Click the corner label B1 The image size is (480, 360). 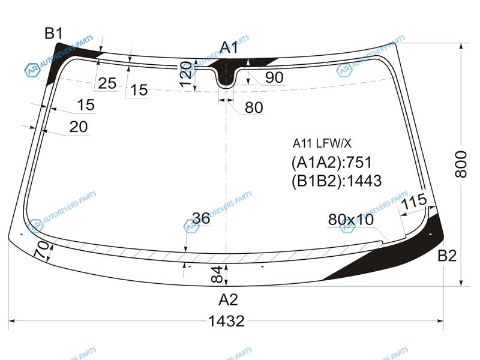click(53, 33)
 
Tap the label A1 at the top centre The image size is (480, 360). click(229, 47)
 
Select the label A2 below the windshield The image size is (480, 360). click(228, 299)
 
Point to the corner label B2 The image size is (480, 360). click(447, 256)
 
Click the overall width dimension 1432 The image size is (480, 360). click(226, 321)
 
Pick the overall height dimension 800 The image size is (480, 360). click(461, 164)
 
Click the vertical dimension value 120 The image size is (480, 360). click(186, 74)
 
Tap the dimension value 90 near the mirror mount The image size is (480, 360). click(274, 77)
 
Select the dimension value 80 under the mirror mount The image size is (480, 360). click(254, 107)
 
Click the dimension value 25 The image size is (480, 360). click(107, 83)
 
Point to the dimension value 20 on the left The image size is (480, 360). click(79, 127)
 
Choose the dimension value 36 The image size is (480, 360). click(201, 218)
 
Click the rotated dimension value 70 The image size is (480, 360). click(41, 250)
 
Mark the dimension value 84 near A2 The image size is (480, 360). click(217, 274)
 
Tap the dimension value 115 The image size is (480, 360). click(414, 201)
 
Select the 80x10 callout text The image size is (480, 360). click(351, 219)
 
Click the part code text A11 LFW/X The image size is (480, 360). click(322, 143)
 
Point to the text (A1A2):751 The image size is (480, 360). click(332, 162)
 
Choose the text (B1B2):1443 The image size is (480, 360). click(337, 181)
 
